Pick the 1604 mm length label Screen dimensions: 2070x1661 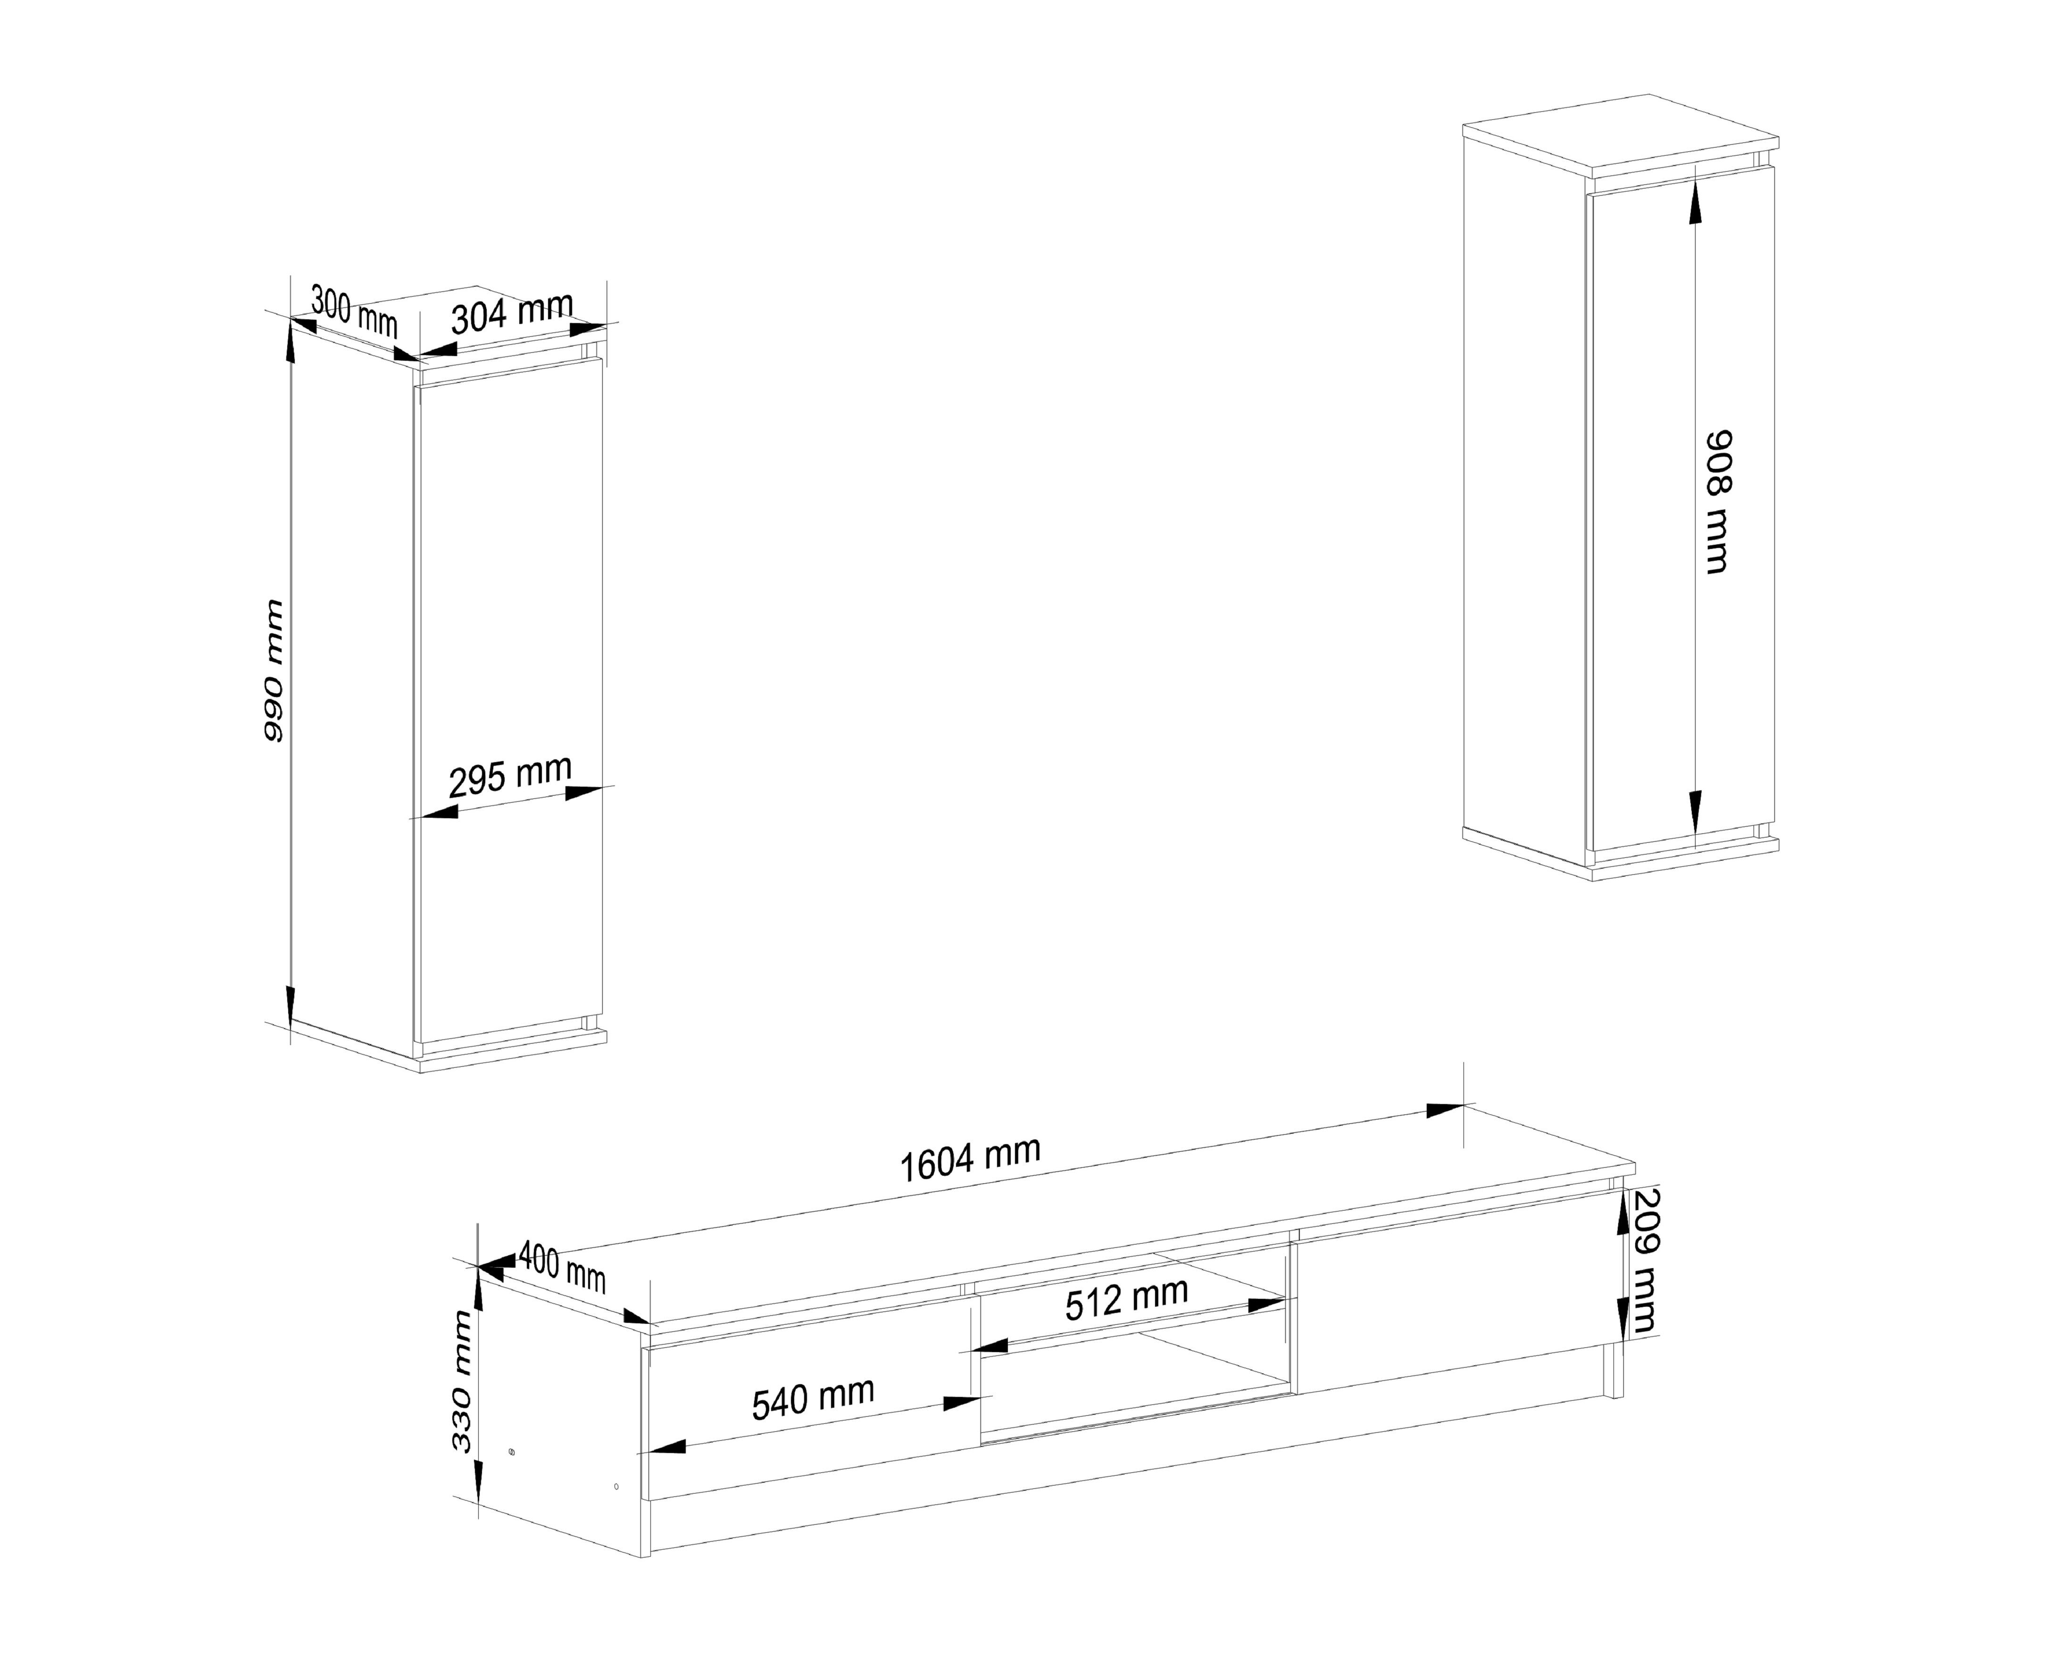coord(970,1160)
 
